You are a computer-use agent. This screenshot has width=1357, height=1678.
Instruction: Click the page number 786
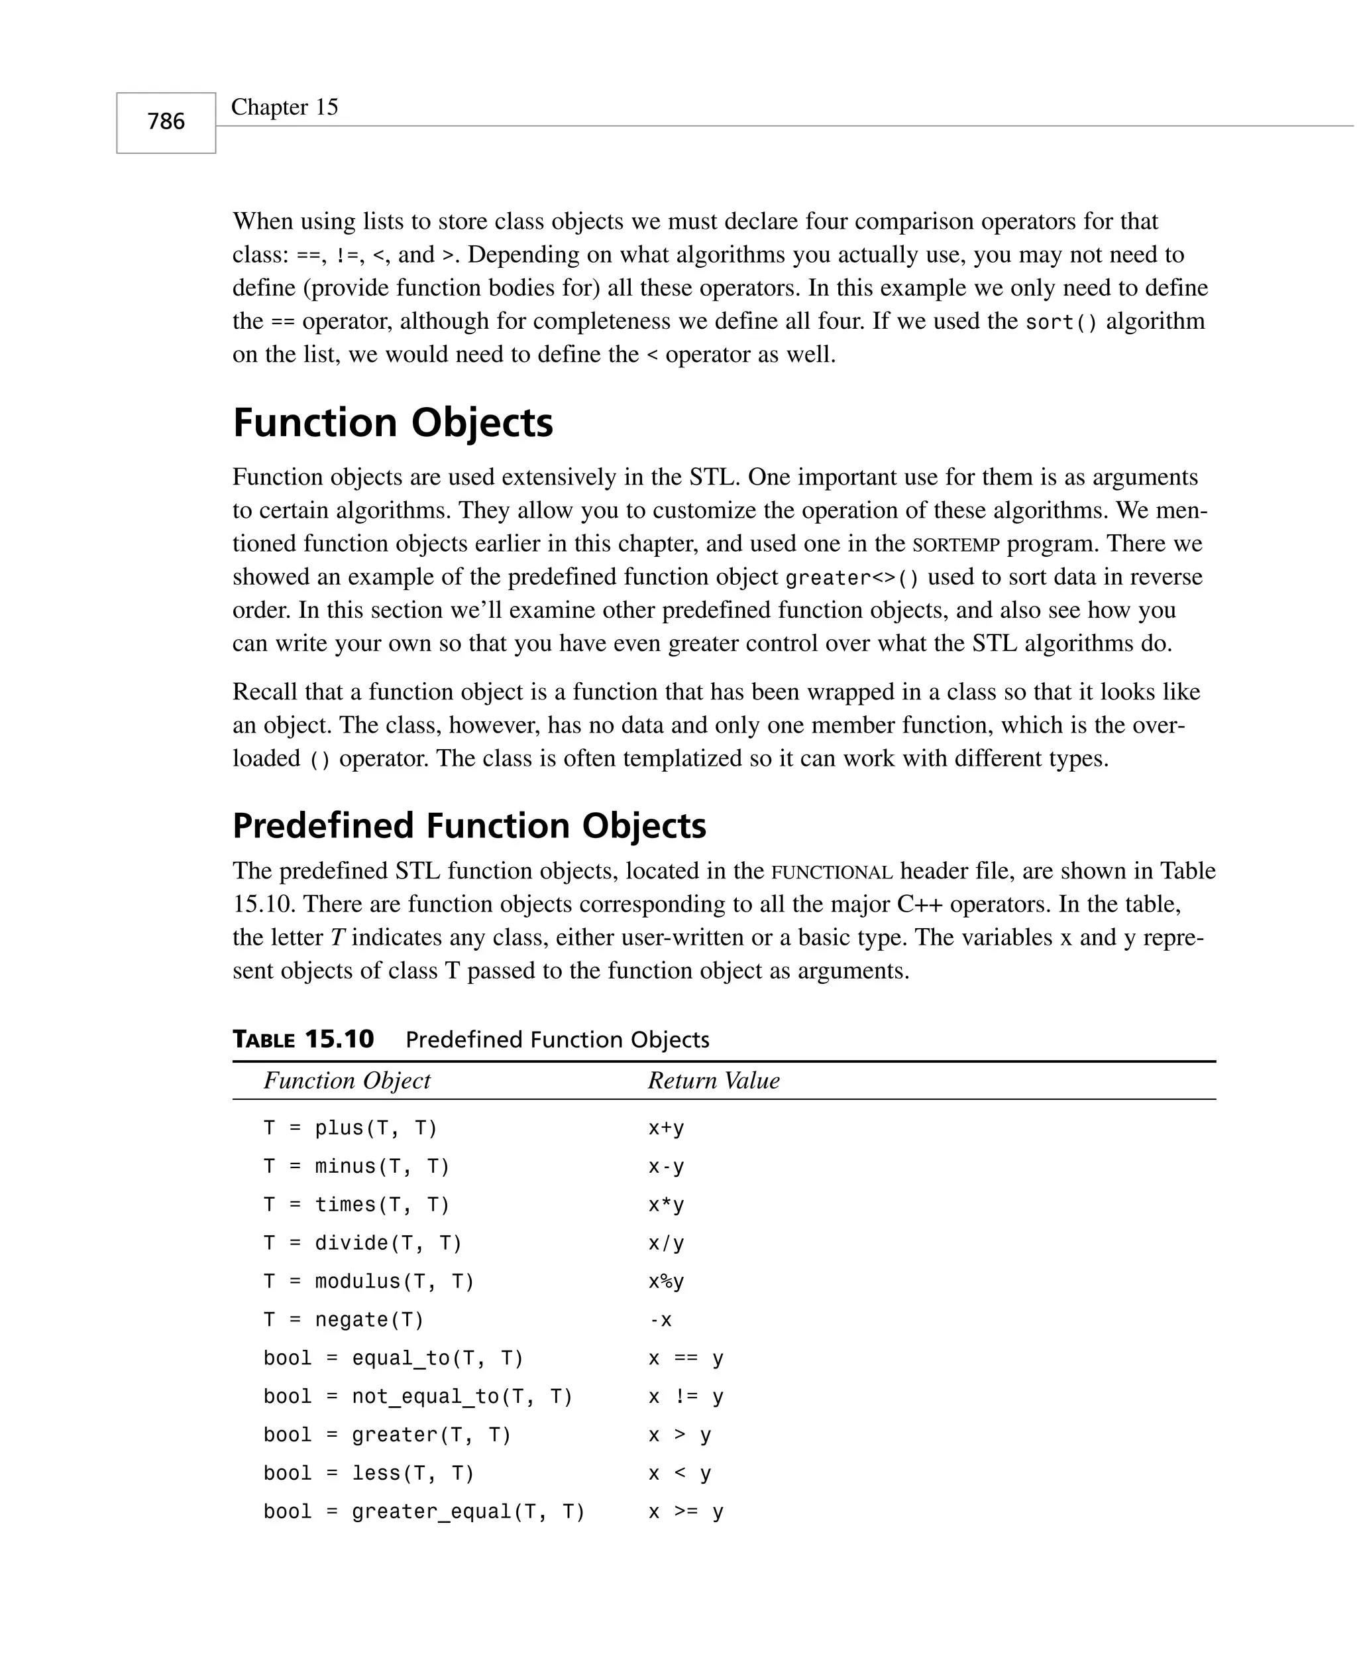click(166, 121)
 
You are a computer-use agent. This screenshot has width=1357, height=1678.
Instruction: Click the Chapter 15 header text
click(284, 107)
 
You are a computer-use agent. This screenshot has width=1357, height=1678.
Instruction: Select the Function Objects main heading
click(392, 423)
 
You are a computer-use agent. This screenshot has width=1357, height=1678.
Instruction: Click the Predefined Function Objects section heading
click(469, 825)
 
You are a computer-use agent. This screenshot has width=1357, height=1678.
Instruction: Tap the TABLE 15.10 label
click(303, 1039)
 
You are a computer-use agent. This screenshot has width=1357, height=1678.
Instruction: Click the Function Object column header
click(347, 1081)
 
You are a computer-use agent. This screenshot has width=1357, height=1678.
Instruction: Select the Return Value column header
click(713, 1081)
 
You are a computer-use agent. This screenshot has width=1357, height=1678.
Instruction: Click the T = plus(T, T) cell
click(351, 1128)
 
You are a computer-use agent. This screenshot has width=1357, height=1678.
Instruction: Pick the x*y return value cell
click(666, 1205)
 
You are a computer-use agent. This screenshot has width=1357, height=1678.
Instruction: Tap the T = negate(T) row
click(344, 1320)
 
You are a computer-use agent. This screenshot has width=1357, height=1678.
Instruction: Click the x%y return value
click(666, 1282)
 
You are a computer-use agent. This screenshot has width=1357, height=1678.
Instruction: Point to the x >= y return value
click(686, 1512)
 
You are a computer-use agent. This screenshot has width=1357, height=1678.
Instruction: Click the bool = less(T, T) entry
click(369, 1473)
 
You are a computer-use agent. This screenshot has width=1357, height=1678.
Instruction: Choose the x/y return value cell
click(666, 1243)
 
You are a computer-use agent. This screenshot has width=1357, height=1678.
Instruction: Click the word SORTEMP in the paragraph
click(956, 544)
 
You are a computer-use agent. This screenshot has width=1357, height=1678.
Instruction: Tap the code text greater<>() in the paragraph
click(852, 578)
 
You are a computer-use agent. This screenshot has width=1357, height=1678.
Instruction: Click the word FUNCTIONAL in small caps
click(832, 872)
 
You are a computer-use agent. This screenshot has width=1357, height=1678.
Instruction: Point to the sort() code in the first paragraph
click(1061, 322)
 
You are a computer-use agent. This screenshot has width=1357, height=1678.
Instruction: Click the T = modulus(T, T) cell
click(369, 1282)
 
